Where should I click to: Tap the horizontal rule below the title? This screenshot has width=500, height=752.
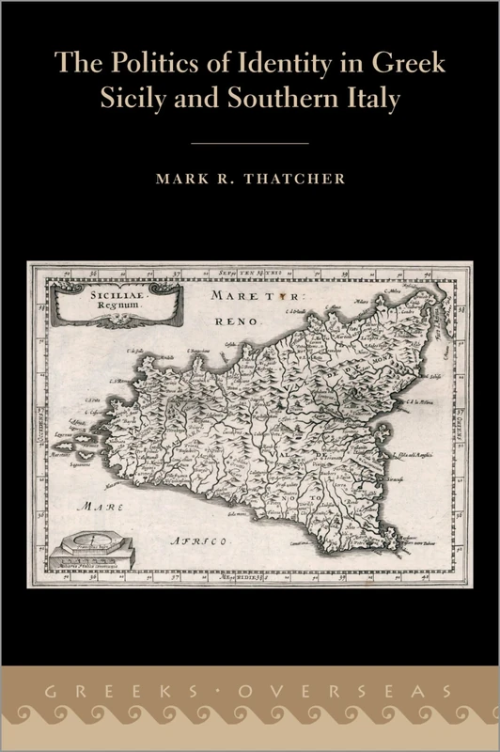[x=250, y=143]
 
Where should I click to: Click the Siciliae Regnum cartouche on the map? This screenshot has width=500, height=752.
[x=114, y=301]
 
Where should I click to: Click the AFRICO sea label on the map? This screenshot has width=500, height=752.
[x=200, y=541]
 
